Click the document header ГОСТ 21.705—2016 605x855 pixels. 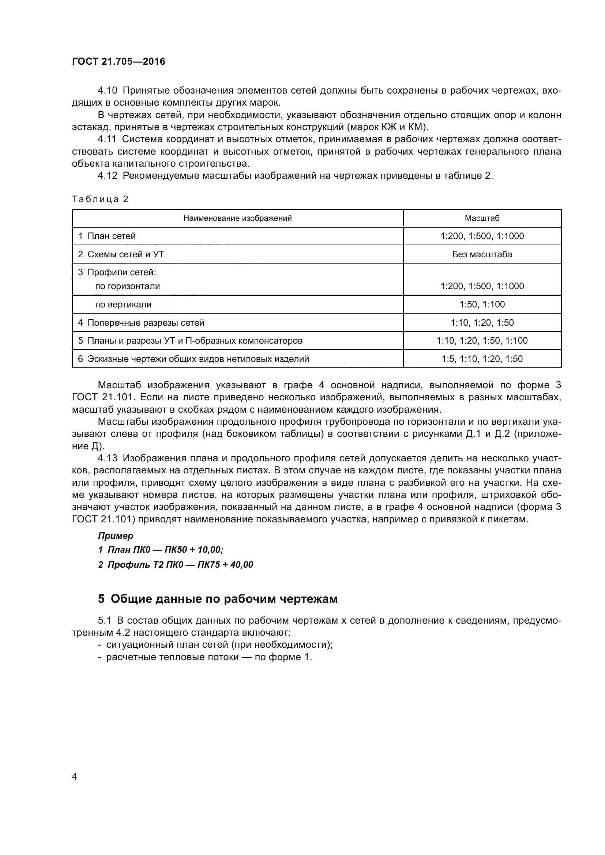tap(119, 61)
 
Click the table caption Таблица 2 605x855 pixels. tap(100, 199)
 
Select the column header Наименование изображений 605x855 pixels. tap(237, 218)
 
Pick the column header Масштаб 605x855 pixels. tap(482, 218)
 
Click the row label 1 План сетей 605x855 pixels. tap(107, 236)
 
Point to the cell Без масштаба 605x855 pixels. tap(482, 254)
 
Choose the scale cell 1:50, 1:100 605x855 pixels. tap(482, 304)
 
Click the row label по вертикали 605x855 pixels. tap(123, 304)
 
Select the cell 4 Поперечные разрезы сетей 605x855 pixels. tap(141, 322)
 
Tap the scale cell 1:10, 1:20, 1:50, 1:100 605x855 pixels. tap(482, 340)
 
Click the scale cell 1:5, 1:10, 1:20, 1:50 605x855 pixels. tap(482, 359)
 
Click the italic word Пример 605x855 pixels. tap(116, 536)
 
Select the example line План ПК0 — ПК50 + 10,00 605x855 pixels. tap(161, 550)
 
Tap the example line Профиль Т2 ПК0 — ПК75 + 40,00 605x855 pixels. tap(176, 564)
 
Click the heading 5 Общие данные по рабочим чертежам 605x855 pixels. tap(218, 599)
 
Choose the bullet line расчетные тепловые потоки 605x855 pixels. tap(208, 657)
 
